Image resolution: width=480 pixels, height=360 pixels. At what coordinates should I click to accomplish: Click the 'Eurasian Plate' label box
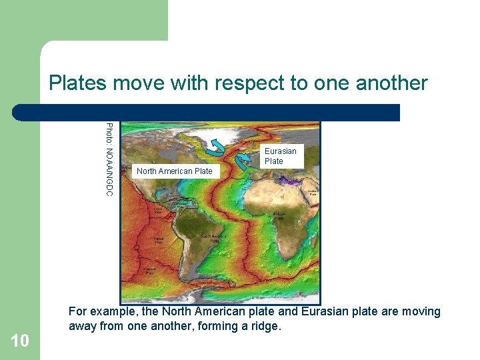coord(280,156)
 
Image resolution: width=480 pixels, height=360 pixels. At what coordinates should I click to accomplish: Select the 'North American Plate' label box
coord(174,171)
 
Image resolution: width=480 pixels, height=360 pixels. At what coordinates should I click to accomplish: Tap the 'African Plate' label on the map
coord(279,216)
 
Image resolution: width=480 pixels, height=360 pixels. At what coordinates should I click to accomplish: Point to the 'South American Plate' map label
coord(215,238)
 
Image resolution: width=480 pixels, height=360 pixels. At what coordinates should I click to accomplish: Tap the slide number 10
coord(20,341)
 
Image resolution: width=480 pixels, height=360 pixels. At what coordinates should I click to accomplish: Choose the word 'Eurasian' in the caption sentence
coord(325,311)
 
